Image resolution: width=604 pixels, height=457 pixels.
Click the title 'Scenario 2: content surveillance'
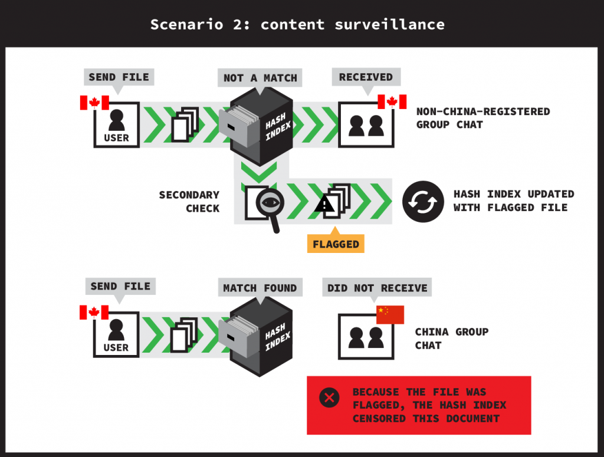point(297,24)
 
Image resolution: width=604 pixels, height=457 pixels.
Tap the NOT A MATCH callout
point(260,77)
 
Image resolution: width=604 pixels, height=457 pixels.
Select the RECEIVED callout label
point(366,77)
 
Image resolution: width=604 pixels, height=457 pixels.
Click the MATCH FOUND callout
point(260,288)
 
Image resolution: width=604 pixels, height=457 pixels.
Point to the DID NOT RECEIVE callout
point(377,288)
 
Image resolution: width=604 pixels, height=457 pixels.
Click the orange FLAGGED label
point(336,243)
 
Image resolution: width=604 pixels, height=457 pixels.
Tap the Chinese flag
point(390,314)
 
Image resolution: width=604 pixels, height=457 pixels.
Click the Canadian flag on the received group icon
point(392,102)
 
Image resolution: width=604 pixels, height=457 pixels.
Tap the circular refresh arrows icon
point(423,201)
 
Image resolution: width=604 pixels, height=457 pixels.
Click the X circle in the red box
point(329,398)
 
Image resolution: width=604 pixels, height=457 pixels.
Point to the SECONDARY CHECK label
point(189,201)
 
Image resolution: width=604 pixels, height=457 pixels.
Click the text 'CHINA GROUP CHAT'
point(451,338)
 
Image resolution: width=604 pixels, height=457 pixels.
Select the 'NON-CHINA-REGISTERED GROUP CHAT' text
point(482,118)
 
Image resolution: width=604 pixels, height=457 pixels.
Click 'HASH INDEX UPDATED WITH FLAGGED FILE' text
point(513,200)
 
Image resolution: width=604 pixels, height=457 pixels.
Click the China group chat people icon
point(365,337)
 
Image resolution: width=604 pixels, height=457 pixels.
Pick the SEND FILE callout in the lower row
point(120,287)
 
